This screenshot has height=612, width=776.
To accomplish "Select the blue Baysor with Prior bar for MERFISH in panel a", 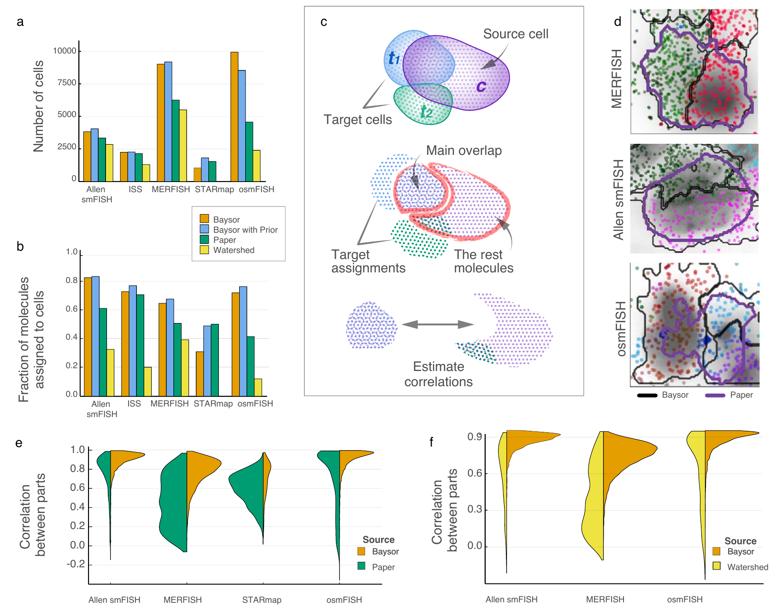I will point(168,122).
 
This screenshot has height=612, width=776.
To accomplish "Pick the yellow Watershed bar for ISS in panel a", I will point(146,173).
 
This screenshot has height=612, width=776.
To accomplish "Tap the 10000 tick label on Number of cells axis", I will point(65,51).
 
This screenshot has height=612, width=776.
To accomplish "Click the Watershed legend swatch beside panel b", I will point(204,250).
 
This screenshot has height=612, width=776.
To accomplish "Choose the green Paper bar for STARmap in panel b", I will point(215,360).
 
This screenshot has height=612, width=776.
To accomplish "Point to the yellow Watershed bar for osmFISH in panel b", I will point(258,387).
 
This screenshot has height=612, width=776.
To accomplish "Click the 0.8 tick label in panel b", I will point(71,280).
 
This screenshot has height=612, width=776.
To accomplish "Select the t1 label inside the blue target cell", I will point(394,58).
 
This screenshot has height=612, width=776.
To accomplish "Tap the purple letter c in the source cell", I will point(481,86).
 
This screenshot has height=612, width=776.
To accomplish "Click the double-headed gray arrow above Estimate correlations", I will point(438,324).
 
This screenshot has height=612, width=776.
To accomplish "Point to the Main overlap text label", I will point(464,151).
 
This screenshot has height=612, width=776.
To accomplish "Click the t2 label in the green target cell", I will point(426,112).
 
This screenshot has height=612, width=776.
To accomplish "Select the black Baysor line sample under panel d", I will point(647,395).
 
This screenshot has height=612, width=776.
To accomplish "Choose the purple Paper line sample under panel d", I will point(715,395).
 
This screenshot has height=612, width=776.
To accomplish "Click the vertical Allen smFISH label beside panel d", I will point(618,199).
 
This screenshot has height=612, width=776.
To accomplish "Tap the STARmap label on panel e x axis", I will point(262,600).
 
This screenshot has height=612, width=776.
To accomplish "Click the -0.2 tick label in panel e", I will point(76,564).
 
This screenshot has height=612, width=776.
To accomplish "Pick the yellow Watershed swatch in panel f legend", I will point(717,566).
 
